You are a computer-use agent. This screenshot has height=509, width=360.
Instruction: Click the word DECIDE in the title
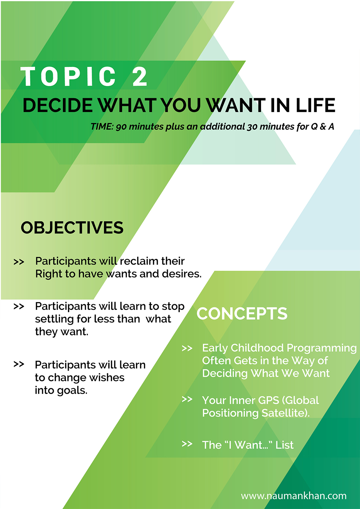click(58, 105)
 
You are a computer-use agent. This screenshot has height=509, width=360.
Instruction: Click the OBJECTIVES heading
click(72, 228)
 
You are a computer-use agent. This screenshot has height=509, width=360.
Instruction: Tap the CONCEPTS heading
click(242, 313)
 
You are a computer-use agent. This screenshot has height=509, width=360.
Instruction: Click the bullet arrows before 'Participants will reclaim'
click(19, 262)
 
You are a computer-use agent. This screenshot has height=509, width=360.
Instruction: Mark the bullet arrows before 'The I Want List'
click(187, 444)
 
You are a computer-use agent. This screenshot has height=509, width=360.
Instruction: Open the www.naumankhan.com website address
click(294, 496)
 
